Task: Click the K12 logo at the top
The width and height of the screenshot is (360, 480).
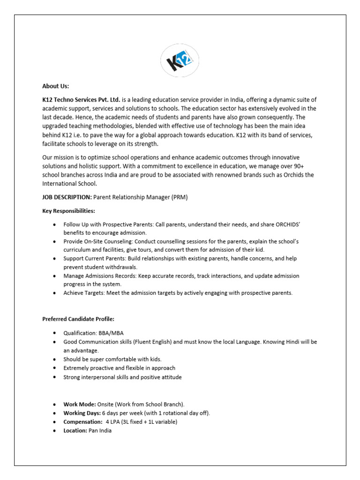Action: click(180, 60)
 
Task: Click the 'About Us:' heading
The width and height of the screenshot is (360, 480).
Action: click(56, 86)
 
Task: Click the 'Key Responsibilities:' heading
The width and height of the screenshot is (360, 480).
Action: click(68, 211)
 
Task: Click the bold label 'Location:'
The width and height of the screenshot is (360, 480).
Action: click(75, 431)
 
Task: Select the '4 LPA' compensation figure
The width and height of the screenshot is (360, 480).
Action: click(114, 422)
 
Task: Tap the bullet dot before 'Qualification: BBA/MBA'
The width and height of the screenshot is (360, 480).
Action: click(56, 333)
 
